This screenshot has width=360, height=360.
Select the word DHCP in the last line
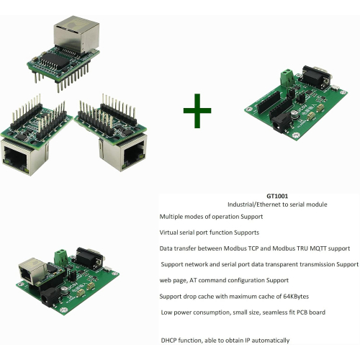(x=171, y=340)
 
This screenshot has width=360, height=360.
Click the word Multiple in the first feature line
(x=173, y=216)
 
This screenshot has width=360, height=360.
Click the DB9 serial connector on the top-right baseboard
(x=314, y=75)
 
